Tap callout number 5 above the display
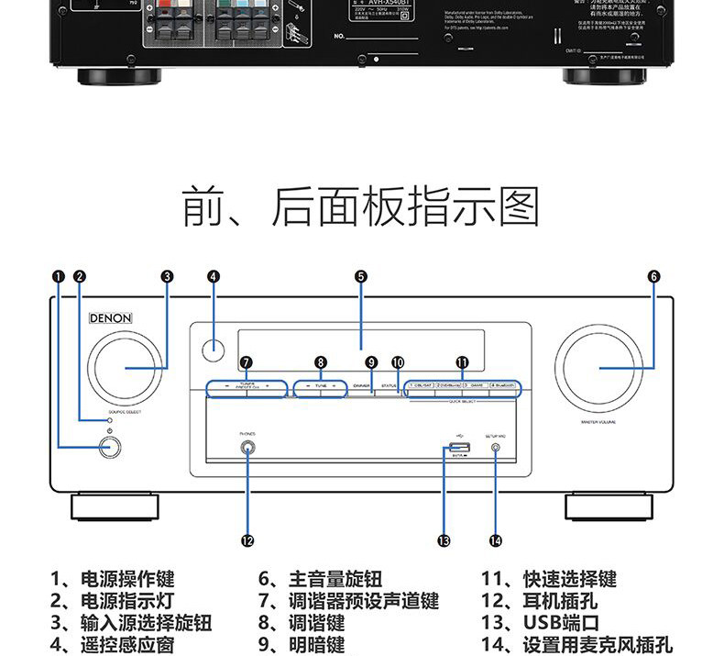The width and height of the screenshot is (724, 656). (x=361, y=276)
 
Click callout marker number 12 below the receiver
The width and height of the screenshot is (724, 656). (x=247, y=540)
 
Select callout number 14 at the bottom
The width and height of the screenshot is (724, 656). (x=496, y=540)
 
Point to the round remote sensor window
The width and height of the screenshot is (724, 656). (x=214, y=348)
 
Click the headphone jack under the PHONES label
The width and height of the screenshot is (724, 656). (x=247, y=449)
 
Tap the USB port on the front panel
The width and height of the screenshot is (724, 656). (x=458, y=449)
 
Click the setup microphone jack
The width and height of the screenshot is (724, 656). (x=496, y=450)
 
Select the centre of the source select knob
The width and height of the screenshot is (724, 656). (x=126, y=368)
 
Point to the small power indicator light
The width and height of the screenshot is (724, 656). (x=109, y=419)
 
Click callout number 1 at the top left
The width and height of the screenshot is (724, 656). (x=59, y=276)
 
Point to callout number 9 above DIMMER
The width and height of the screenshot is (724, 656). (x=371, y=361)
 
